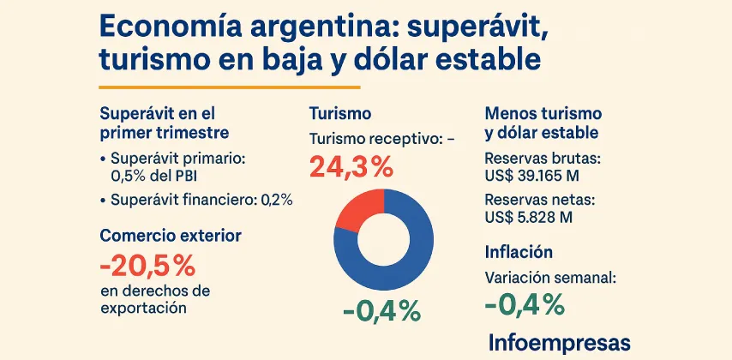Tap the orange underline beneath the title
coord(230,87)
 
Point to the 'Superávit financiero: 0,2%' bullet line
coord(196,200)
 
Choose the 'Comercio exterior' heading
coord(171,235)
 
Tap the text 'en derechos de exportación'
coord(154,299)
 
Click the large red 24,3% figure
coord(351,167)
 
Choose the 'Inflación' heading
coord(519,252)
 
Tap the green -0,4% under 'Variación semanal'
coord(524,304)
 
